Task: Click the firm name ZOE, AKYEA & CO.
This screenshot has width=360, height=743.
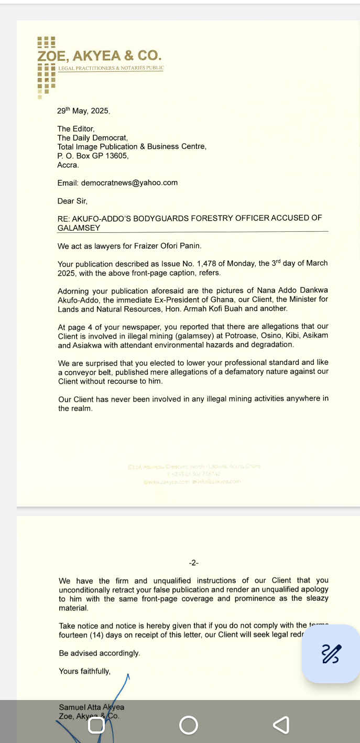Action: pyautogui.click(x=100, y=56)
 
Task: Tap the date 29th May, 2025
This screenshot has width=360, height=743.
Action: pyautogui.click(x=83, y=111)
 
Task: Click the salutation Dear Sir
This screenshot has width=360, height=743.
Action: pyautogui.click(x=72, y=201)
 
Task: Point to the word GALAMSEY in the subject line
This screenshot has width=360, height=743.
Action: pyautogui.click(x=79, y=228)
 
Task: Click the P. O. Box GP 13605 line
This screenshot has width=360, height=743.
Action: pyautogui.click(x=93, y=156)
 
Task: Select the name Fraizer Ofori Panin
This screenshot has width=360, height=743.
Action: pyautogui.click(x=168, y=246)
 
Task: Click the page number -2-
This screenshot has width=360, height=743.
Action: pyautogui.click(x=194, y=563)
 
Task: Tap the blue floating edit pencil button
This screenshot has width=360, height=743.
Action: pyautogui.click(x=331, y=653)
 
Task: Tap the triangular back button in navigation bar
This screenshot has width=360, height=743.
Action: pyautogui.click(x=281, y=725)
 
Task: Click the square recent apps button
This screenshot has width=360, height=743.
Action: pyautogui.click(x=96, y=725)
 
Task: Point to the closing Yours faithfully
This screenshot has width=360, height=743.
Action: pyautogui.click(x=84, y=671)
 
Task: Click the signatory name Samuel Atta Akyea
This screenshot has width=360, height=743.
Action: pyautogui.click(x=91, y=707)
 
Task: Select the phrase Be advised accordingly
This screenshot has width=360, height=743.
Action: pyautogui.click(x=100, y=653)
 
